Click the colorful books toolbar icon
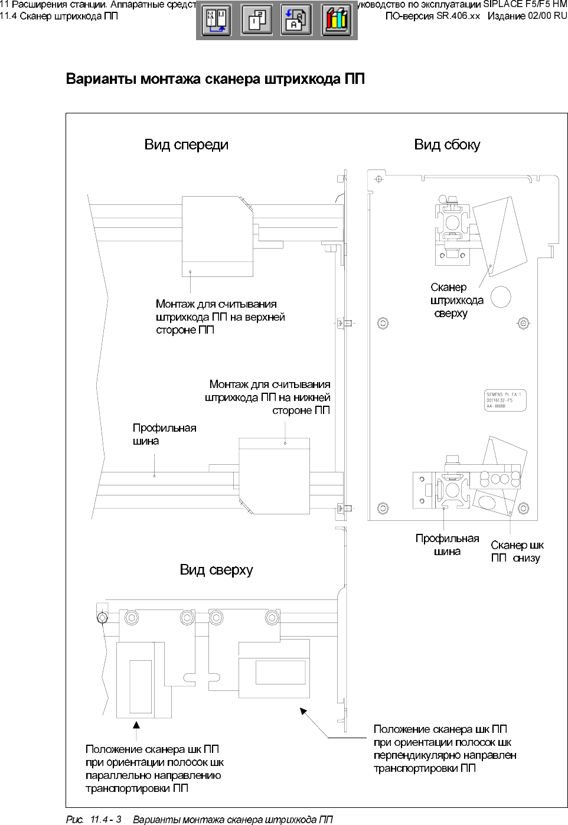tap(337, 21)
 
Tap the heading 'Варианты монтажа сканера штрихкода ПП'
tap(215, 79)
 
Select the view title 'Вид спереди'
tap(186, 145)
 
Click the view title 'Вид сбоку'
tap(447, 145)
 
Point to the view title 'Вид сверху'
tap(216, 570)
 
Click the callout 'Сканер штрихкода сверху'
tap(456, 301)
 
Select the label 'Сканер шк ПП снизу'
tap(517, 552)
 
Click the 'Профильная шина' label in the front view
tap(164, 434)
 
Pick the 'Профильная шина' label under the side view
tap(447, 544)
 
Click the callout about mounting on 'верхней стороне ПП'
tap(220, 317)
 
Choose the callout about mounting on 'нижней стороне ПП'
tap(268, 397)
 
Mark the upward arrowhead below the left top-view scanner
tap(136, 725)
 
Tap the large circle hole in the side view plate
tap(501, 296)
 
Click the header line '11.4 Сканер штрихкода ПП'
tap(59, 16)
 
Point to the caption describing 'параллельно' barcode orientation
tap(154, 769)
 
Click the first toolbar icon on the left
tap(216, 21)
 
